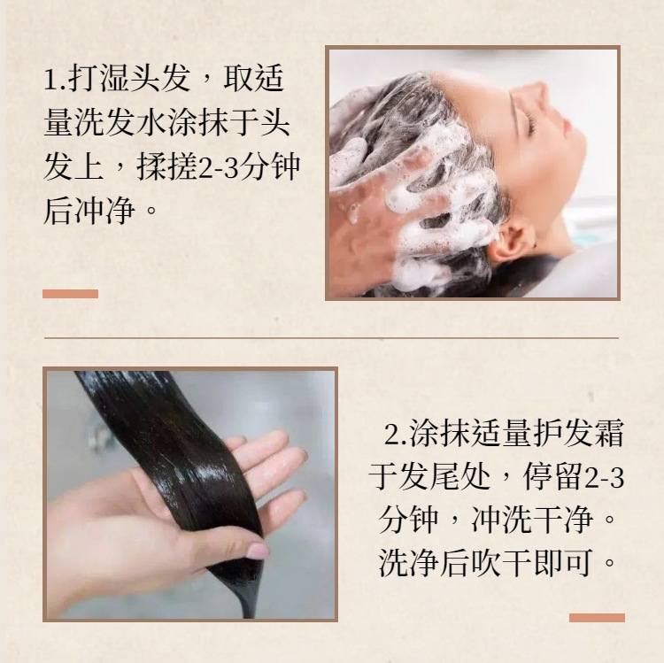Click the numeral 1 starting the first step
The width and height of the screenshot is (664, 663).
pyautogui.click(x=50, y=80)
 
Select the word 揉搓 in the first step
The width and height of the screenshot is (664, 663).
pyautogui.click(x=167, y=166)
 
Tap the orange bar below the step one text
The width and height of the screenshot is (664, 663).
pyautogui.click(x=70, y=294)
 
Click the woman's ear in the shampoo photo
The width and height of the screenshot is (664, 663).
pyautogui.click(x=510, y=240)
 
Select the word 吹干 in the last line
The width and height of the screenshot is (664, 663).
pyautogui.click(x=502, y=563)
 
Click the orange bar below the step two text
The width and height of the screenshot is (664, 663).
pyautogui.click(x=597, y=618)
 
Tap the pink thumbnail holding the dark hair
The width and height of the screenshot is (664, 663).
pyautogui.click(x=258, y=551)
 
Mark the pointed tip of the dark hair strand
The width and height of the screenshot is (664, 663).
pyautogui.click(x=249, y=616)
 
